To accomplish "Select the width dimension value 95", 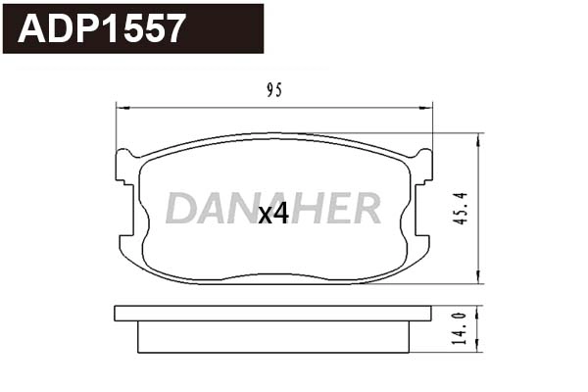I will tap(273, 90).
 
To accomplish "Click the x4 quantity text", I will tap(273, 215).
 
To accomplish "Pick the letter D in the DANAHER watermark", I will tap(181, 208).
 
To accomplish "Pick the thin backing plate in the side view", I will tap(272, 314).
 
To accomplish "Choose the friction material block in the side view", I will tap(272, 337).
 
